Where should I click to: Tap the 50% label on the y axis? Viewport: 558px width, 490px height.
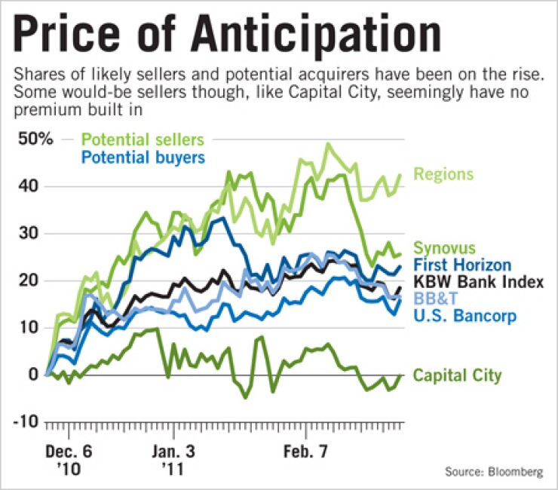[x=35, y=140]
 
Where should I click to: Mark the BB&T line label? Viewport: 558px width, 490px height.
[x=435, y=299]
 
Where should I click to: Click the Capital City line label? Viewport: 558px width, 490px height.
[x=456, y=375]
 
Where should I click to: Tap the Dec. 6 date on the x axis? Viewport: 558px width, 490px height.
[x=69, y=452]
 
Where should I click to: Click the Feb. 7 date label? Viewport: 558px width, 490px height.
[x=306, y=452]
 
